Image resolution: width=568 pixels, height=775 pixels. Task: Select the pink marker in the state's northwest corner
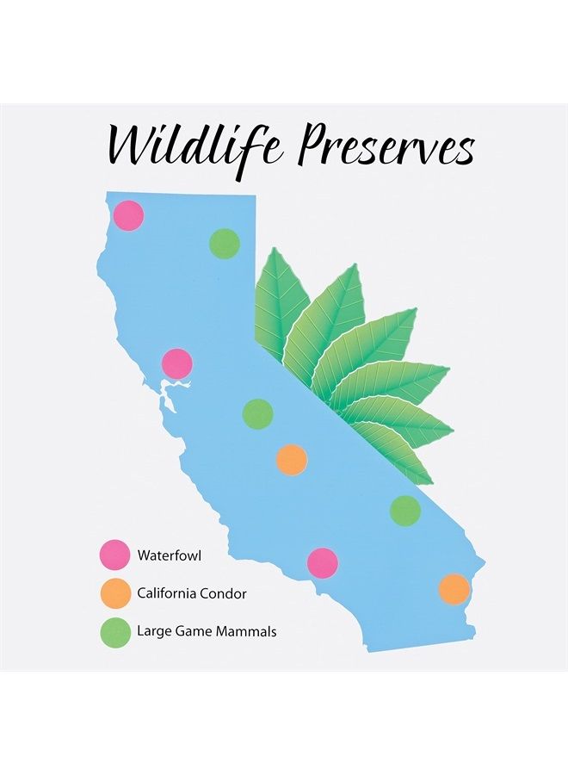point(129,215)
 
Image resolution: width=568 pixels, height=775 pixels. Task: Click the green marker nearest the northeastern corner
point(225,243)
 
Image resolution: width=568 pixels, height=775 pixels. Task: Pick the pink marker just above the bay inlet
point(177,363)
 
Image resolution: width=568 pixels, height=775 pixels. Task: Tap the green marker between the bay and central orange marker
point(258,413)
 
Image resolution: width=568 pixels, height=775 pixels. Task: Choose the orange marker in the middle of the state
point(292,460)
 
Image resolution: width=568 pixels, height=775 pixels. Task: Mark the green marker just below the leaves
point(405,511)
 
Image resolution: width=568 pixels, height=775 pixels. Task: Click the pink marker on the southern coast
point(323,563)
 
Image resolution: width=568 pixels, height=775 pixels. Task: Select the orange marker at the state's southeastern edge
point(454,589)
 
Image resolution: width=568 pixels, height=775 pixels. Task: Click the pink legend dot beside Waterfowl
point(115,555)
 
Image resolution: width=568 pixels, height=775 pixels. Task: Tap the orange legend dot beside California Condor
point(115,593)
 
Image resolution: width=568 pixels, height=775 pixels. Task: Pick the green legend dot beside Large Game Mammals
point(115,633)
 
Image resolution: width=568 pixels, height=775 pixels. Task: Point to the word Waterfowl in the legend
point(170,555)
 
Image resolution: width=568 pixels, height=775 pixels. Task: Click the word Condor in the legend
point(225,593)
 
